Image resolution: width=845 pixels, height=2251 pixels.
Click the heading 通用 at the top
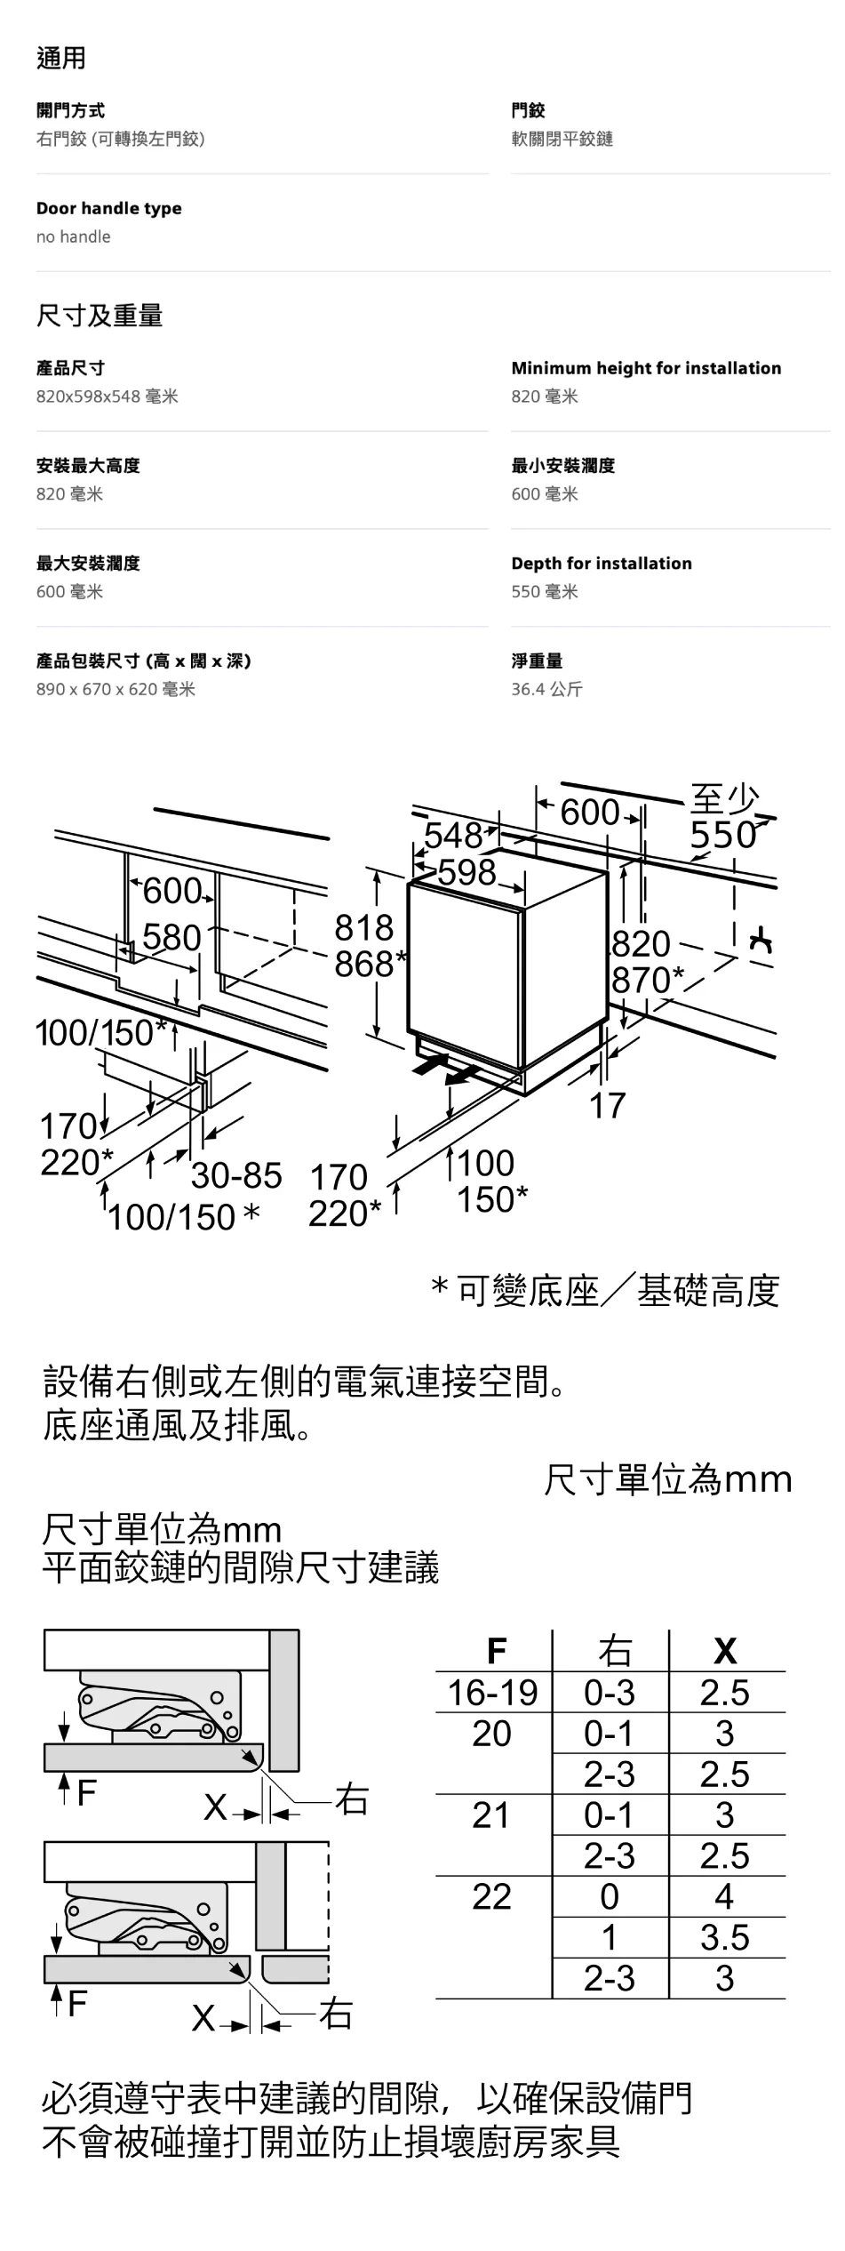[x=61, y=59]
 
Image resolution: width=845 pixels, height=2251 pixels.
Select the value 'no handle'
[x=74, y=236]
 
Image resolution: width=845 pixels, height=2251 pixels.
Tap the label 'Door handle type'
[x=108, y=208]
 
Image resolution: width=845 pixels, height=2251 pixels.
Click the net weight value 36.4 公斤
[x=546, y=689]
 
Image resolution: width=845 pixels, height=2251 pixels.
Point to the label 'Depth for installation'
[x=601, y=563]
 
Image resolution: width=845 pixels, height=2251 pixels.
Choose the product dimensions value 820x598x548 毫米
[x=107, y=397]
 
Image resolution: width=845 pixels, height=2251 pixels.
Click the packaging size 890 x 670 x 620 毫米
[x=116, y=689]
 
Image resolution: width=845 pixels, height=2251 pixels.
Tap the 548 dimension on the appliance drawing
[x=452, y=836]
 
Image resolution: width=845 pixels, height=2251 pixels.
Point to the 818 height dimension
[x=363, y=928]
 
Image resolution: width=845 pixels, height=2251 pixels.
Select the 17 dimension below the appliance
[x=608, y=1106]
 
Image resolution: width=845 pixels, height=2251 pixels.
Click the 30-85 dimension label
[x=236, y=1176]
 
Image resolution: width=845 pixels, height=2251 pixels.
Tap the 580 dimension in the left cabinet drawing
[x=171, y=938]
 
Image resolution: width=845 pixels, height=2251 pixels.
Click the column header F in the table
[x=496, y=1651]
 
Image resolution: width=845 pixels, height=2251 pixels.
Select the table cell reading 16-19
[x=492, y=1693]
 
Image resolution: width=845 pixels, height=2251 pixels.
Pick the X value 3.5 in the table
[x=724, y=1938]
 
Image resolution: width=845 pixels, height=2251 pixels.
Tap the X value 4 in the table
[x=724, y=1897]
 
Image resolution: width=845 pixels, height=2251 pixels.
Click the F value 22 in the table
[x=491, y=1897]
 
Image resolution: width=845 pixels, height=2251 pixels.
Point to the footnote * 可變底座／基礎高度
[x=605, y=1291]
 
